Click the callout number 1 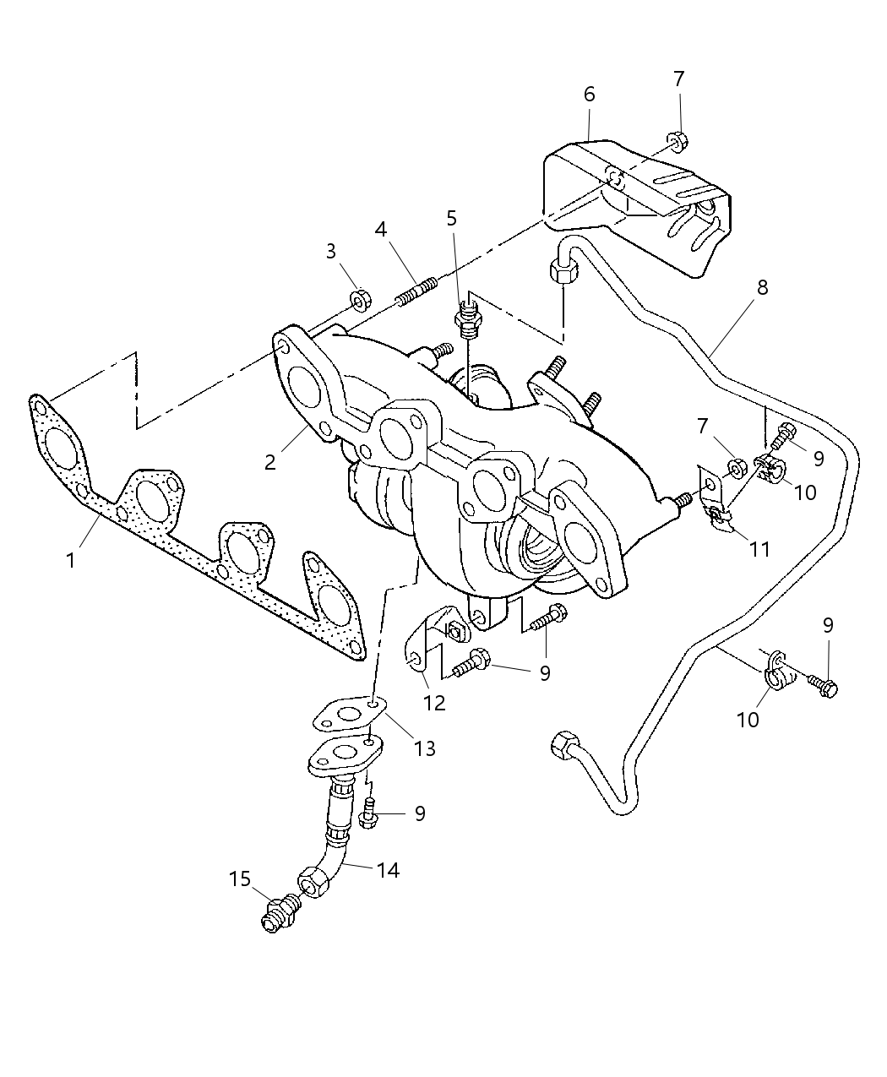tap(71, 560)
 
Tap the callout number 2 tap(269, 462)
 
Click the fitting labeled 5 tap(465, 321)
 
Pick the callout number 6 tap(589, 94)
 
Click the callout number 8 tap(762, 287)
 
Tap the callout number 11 tap(759, 549)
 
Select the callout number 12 tap(435, 701)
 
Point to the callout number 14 tap(388, 869)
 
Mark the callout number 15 tap(240, 879)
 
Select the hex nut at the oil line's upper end tap(563, 272)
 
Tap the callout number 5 tap(452, 219)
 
